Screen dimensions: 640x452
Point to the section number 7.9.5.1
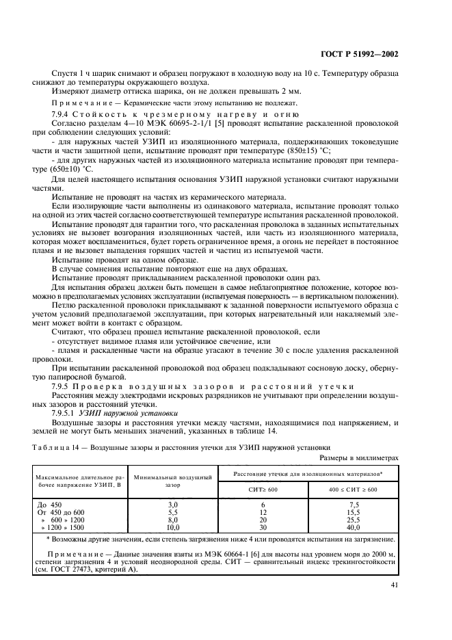[66, 413]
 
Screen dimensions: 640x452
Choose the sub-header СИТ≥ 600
[263, 490]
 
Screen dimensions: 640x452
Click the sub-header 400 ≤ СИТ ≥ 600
[354, 490]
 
